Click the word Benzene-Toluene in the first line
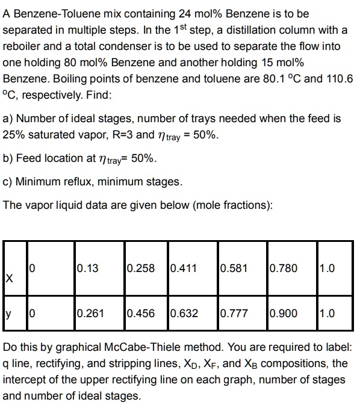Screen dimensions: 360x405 pos(51,13)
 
